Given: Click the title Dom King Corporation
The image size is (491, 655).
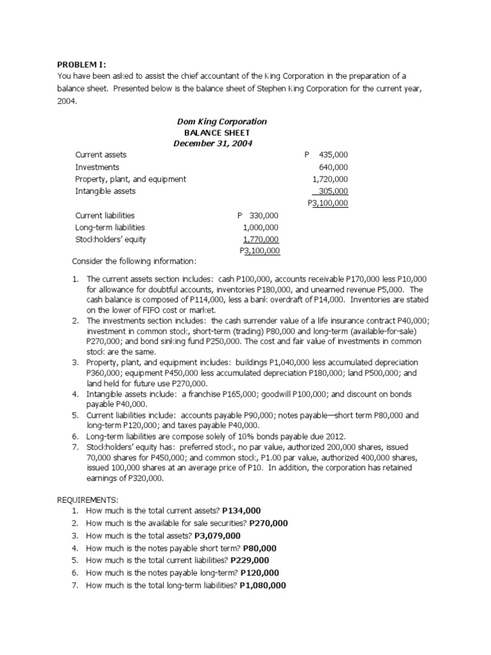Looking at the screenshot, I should [x=221, y=122].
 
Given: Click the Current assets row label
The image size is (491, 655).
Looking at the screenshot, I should [x=100, y=155].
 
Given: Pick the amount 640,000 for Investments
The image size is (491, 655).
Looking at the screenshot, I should [x=333, y=167].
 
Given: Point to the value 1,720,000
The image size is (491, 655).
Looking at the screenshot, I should [x=330, y=179].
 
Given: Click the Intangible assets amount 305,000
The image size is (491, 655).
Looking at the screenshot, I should [x=333, y=191].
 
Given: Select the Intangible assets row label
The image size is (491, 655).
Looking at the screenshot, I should [x=105, y=191].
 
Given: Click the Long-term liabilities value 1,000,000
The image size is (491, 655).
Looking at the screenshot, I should [x=261, y=227].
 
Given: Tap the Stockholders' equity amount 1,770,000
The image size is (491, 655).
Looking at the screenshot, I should [x=261, y=239].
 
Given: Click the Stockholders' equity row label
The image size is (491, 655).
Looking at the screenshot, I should [x=111, y=239].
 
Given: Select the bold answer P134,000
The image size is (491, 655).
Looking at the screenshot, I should [x=241, y=510].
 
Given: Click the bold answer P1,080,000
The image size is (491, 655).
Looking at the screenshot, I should [x=262, y=585].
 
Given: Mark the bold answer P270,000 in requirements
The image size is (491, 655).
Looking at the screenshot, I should [x=269, y=523].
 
